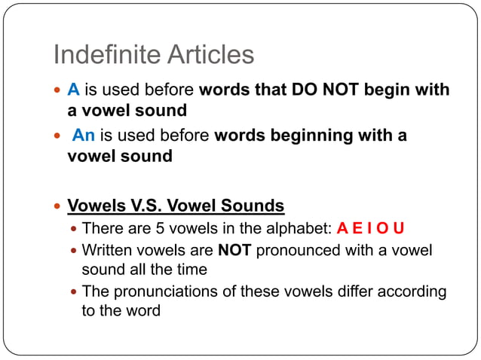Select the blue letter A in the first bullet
[x=73, y=90]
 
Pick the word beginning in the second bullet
[x=308, y=136]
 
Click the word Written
[x=109, y=250]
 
